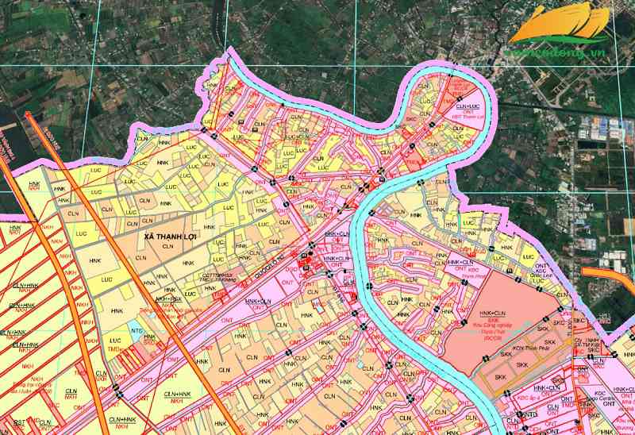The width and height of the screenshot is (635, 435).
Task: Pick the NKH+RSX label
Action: [167, 299]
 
